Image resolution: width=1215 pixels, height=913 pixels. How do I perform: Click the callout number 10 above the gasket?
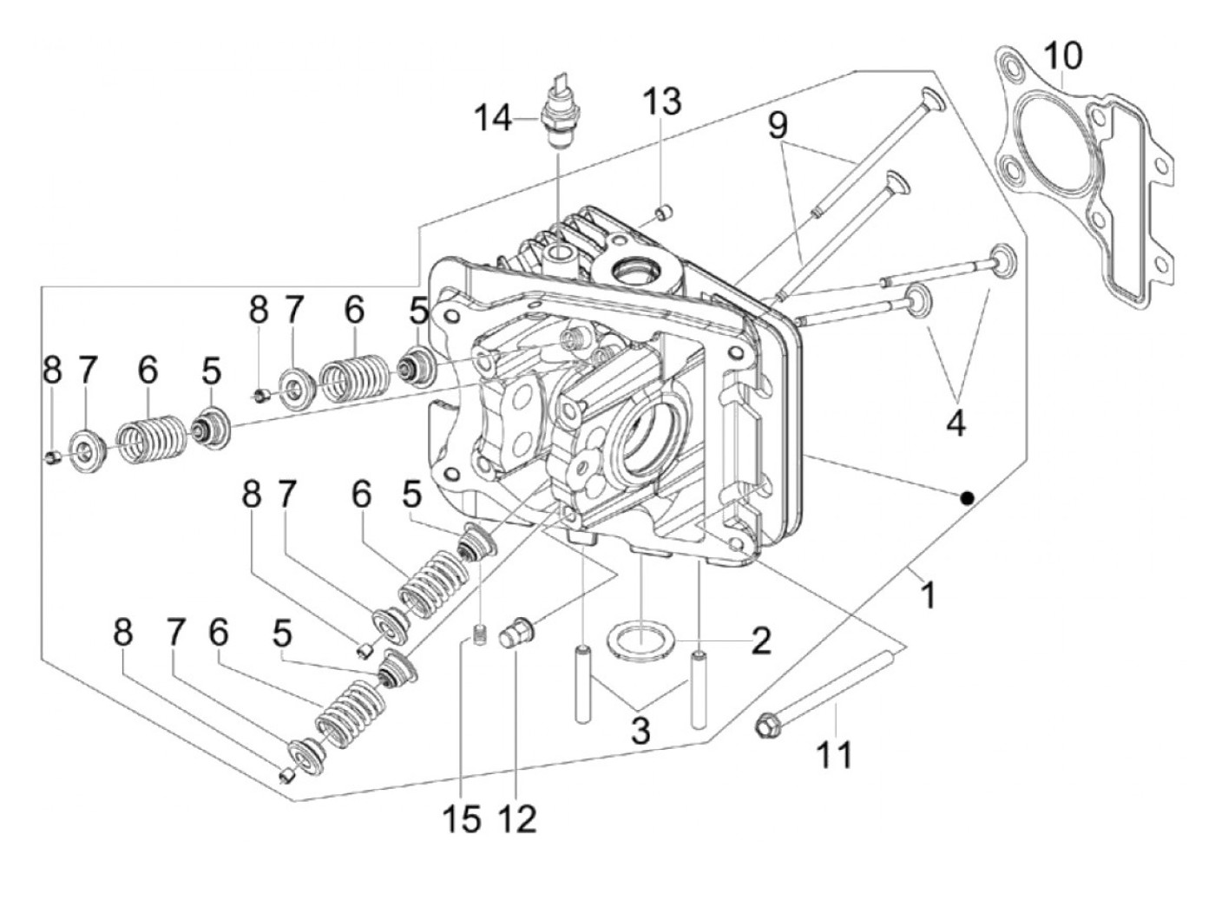tap(1063, 56)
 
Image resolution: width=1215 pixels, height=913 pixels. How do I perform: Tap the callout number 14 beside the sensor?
tap(493, 118)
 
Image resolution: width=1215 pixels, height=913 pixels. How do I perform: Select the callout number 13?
tap(661, 102)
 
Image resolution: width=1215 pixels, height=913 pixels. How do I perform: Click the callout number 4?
tap(956, 424)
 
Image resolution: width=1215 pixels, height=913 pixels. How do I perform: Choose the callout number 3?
tap(640, 732)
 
